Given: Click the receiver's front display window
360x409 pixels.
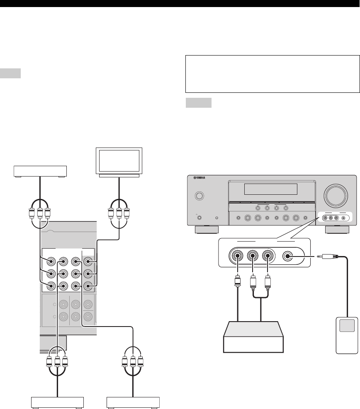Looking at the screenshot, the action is pos(270,189).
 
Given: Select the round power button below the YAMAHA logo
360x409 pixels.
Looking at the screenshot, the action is pos(199,196).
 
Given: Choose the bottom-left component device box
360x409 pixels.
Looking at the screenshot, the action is pos(58,402).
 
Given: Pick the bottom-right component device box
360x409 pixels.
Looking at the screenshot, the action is pos(133,402).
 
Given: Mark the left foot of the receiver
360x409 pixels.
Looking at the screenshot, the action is pos(207,229).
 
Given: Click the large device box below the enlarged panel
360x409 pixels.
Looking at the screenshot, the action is pos(253,337).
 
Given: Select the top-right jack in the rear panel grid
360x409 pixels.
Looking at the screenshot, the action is pos(88,261).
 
